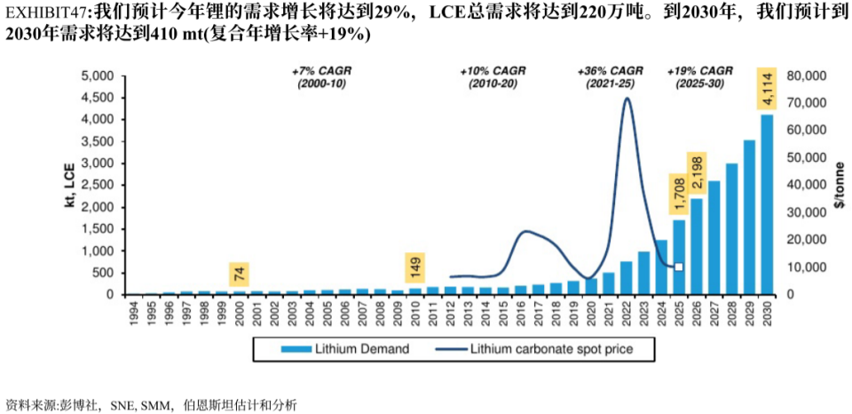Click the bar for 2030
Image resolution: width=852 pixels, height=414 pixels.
coord(767,204)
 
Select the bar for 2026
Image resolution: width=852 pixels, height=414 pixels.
coord(697,246)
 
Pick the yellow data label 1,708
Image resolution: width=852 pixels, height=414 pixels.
coord(680,193)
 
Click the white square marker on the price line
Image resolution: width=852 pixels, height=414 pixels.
coord(679,267)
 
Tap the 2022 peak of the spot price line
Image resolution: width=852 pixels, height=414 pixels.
coord(627,99)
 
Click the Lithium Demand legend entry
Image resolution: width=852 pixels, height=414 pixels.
coord(347,349)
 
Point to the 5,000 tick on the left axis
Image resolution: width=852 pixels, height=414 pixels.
coord(99,76)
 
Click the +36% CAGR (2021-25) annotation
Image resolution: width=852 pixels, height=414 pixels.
coord(611,76)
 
